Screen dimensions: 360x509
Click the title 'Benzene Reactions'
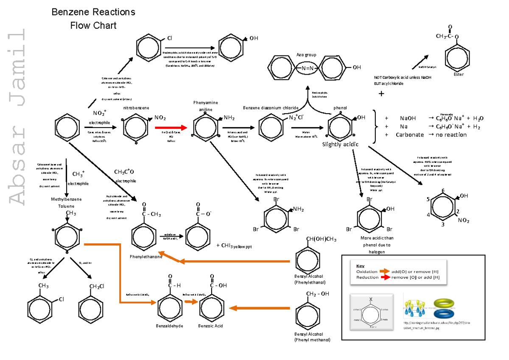coord(93,12)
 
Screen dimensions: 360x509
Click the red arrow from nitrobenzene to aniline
coord(171,127)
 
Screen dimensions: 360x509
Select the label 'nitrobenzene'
coord(136,108)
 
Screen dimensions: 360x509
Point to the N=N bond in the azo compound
coord(307,68)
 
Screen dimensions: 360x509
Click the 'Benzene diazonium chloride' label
coord(271,108)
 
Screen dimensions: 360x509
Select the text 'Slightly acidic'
coord(340,145)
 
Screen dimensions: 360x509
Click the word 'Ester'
coord(459,75)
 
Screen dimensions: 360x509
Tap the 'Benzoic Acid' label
coord(210,326)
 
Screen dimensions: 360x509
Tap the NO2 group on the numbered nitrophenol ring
coord(463,220)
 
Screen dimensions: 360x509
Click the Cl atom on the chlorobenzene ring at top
coord(170,38)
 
